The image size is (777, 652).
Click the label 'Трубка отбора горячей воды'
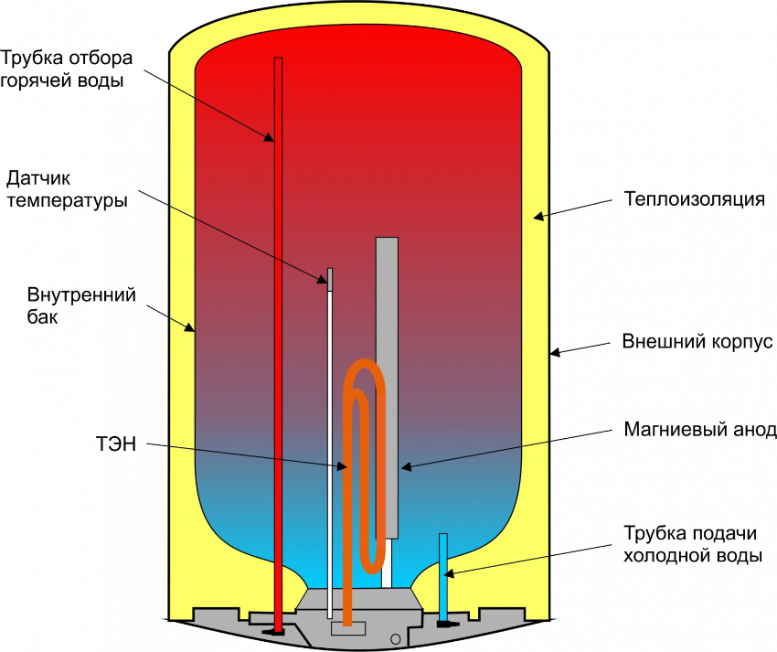click(66, 69)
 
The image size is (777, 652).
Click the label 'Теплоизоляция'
click(694, 198)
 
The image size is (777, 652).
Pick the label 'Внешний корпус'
click(697, 342)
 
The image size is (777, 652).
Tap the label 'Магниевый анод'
click(700, 429)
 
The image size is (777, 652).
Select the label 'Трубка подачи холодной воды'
click(692, 544)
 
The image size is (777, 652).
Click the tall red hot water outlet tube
click(279, 366)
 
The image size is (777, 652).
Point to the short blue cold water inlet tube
click(443, 576)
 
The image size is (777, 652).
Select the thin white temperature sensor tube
click(330, 439)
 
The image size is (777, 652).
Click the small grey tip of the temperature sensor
click(330, 279)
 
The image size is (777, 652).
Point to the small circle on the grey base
click(395, 637)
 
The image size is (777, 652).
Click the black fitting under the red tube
click(276, 630)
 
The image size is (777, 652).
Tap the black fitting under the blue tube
click(446, 624)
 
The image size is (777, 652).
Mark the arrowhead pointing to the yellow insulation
click(539, 217)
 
